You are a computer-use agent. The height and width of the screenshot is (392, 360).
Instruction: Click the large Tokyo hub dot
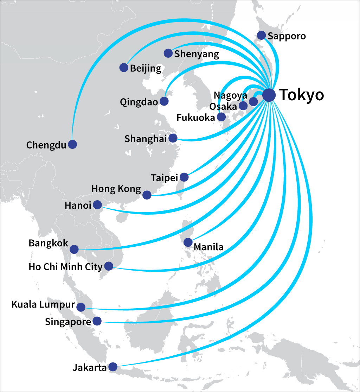coord(269,95)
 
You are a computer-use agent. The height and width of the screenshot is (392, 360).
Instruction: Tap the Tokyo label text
coord(301,95)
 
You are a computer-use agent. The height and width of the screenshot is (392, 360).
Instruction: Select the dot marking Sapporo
coord(261,35)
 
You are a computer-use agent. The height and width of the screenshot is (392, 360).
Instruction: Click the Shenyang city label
coord(197,54)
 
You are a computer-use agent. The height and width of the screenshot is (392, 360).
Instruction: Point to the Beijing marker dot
coord(124,68)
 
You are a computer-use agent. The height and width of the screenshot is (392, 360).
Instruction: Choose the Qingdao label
coord(139,102)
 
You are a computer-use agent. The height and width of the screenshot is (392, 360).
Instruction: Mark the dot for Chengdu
coord(72,144)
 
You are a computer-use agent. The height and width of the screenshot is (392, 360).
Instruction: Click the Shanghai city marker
coord(173,138)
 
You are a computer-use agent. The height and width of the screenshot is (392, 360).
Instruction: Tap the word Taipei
coord(165,178)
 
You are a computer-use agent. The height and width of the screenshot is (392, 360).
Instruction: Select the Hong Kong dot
coord(147,195)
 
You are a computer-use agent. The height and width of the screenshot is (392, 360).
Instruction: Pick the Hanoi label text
coord(78,205)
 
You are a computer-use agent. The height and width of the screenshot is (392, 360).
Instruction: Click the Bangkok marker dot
coord(74,249)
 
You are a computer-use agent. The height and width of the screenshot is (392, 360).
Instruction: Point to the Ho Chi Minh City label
coord(65,267)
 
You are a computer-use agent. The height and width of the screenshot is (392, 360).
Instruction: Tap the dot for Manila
coord(188,242)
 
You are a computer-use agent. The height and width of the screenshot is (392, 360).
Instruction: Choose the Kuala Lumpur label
coord(43,304)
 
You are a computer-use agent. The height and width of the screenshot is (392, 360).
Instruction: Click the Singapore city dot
coord(97,321)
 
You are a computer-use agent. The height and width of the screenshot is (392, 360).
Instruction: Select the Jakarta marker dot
coord(113,367)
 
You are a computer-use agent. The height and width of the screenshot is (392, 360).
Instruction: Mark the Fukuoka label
coord(195,118)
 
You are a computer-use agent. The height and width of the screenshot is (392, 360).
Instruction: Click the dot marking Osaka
coord(243,106)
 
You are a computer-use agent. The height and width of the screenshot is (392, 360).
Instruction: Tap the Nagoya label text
coord(231,95)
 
